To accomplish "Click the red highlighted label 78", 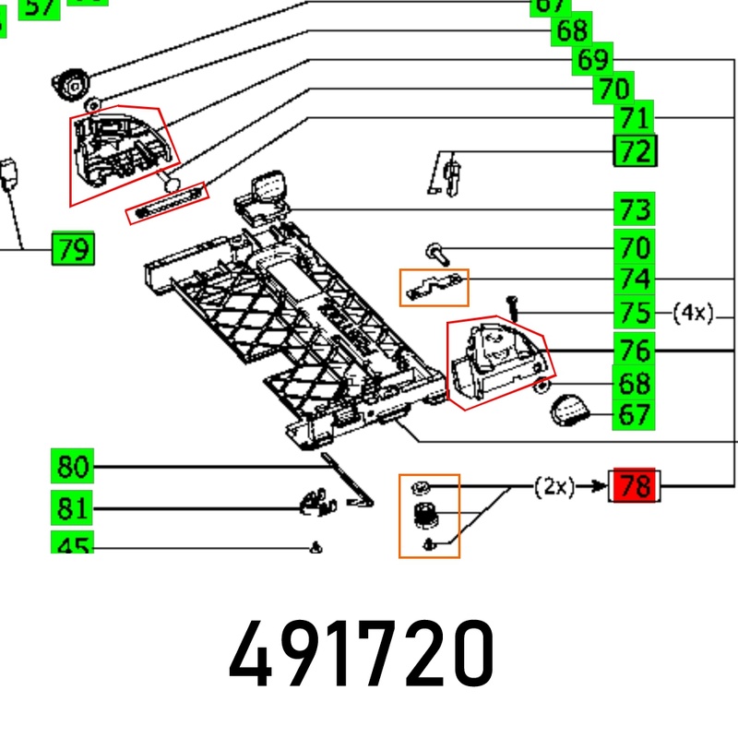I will point(635,485).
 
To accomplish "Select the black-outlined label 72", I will point(635,149).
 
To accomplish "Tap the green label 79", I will point(72,249).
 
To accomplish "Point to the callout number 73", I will point(635,209).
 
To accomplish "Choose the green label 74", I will point(635,279).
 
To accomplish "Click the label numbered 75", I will point(635,313).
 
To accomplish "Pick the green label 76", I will point(635,351).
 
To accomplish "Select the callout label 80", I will point(72,468).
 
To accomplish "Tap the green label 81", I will point(72,508).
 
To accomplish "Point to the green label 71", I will point(635,118).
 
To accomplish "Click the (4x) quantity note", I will point(693,313).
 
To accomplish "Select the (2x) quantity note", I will point(554,486).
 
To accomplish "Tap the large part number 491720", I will point(362,652).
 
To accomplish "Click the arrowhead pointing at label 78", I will point(599,485).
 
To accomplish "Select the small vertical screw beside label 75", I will point(511,306).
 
